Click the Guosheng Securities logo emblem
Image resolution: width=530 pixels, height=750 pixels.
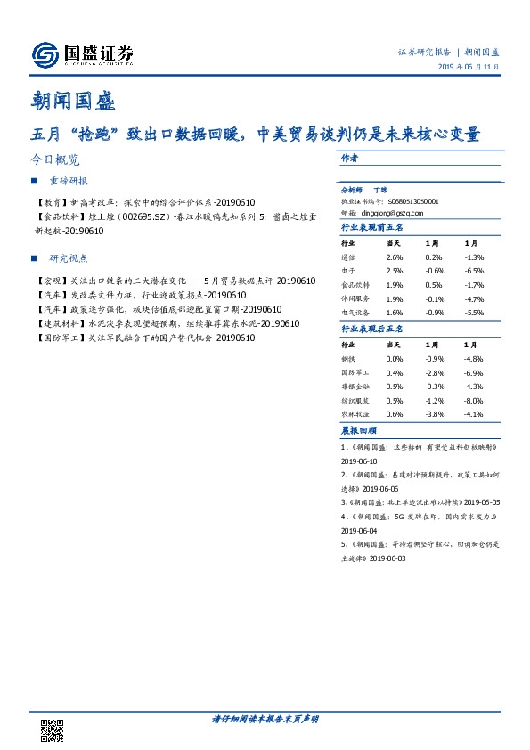(x=45, y=56)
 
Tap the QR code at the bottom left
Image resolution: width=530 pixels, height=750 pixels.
(x=53, y=730)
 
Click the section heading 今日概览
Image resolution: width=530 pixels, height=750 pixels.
(x=54, y=160)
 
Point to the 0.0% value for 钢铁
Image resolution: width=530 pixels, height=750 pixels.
(x=395, y=357)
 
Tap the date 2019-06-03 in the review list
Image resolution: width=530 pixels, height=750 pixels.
(x=387, y=558)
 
